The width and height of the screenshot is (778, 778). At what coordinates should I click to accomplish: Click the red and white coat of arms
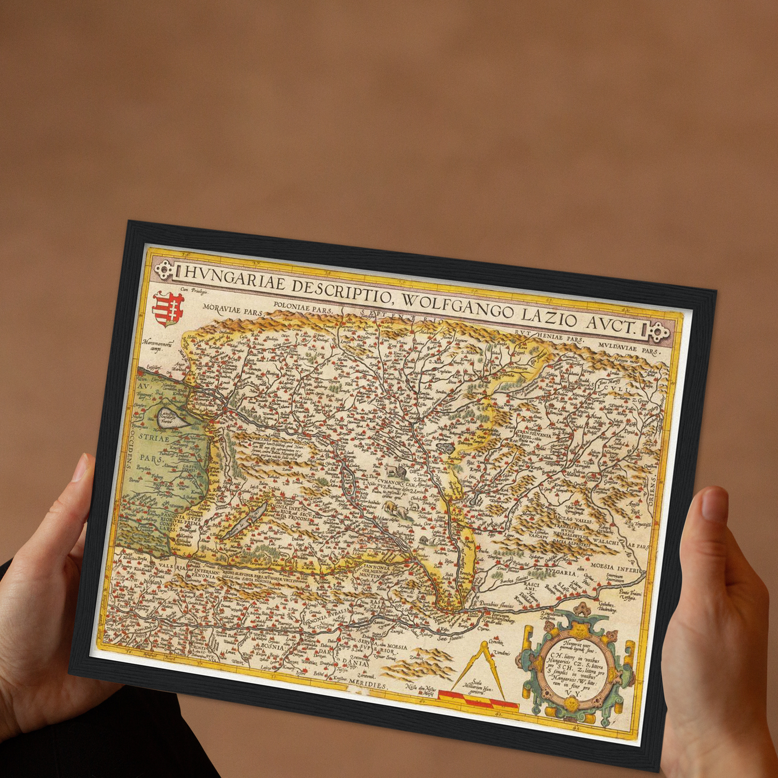[169, 309]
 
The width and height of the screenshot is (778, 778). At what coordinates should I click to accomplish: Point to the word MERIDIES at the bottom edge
[367, 685]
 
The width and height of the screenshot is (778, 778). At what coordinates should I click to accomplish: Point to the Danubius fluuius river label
[498, 605]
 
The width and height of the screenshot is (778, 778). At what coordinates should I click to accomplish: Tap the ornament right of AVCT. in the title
[658, 331]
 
